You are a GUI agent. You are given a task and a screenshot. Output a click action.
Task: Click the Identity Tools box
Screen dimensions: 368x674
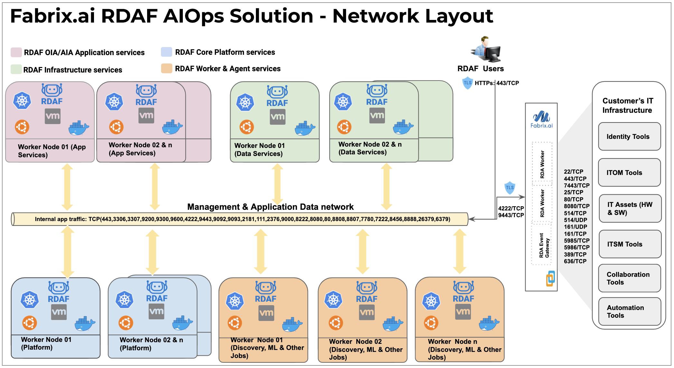629,137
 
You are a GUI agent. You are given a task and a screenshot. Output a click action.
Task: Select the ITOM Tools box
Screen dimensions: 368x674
629,173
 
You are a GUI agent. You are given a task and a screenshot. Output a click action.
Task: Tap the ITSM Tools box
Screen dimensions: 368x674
630,244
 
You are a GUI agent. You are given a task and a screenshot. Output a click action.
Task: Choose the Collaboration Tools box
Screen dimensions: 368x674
629,278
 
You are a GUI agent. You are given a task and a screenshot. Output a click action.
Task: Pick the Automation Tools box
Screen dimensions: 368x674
629,312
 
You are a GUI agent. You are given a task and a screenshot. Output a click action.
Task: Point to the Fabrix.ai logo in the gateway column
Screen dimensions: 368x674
541,120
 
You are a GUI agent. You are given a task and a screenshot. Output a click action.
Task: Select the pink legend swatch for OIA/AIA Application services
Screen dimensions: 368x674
16,52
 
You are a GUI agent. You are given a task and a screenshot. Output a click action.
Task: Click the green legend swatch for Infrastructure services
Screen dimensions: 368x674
16,69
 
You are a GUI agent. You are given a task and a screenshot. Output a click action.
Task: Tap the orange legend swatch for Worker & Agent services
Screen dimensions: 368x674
166,68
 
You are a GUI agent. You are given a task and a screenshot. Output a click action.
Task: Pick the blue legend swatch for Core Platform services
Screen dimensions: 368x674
166,52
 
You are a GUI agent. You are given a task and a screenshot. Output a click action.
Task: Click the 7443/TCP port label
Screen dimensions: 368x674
576,186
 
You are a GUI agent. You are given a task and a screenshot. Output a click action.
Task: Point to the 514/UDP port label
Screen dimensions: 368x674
575,220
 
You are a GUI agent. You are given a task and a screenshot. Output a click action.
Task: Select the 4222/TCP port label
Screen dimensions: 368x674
511,208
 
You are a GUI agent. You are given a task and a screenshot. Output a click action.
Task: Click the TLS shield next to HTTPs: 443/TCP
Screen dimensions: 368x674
467,83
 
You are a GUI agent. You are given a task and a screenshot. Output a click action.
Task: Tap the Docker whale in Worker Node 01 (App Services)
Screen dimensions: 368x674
78,128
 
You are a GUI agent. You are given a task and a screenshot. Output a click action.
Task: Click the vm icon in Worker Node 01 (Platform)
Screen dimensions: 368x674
59,312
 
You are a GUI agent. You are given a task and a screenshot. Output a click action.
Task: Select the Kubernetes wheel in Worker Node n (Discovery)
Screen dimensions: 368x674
431,301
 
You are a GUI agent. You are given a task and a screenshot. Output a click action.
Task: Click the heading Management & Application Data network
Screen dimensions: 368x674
270,207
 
